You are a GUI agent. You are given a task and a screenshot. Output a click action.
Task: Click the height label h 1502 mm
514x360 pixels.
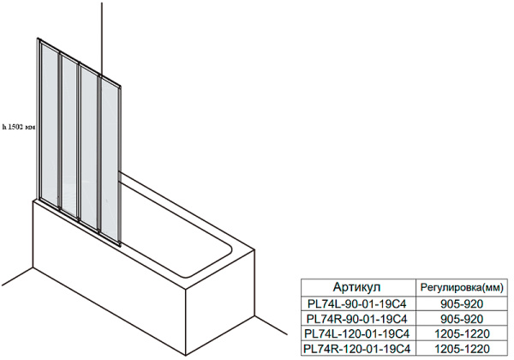(x=18, y=128)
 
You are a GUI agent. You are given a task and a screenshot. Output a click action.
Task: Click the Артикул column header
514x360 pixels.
(x=356, y=287)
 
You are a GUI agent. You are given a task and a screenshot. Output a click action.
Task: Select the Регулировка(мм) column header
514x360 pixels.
(x=462, y=287)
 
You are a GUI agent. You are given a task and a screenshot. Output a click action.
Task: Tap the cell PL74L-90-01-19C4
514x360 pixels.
(x=357, y=304)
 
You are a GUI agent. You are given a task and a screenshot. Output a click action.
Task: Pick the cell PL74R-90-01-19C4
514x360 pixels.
(x=357, y=319)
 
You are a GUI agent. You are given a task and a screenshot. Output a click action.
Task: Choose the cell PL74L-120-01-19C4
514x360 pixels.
(x=357, y=333)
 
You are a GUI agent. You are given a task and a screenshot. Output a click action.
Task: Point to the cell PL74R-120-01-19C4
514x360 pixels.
(x=357, y=348)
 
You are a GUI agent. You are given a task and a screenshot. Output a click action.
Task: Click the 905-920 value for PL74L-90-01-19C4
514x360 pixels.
(x=462, y=304)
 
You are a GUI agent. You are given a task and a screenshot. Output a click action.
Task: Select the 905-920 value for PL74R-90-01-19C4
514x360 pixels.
(x=462, y=319)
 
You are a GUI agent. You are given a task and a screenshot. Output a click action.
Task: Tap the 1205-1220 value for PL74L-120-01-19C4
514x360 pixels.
(x=462, y=333)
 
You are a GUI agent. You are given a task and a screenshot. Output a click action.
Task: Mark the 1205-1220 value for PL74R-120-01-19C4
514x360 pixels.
(x=462, y=348)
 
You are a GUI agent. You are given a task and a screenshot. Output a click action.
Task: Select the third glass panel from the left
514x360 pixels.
(x=88, y=147)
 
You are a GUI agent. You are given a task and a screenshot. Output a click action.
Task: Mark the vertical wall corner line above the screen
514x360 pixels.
(x=102, y=39)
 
